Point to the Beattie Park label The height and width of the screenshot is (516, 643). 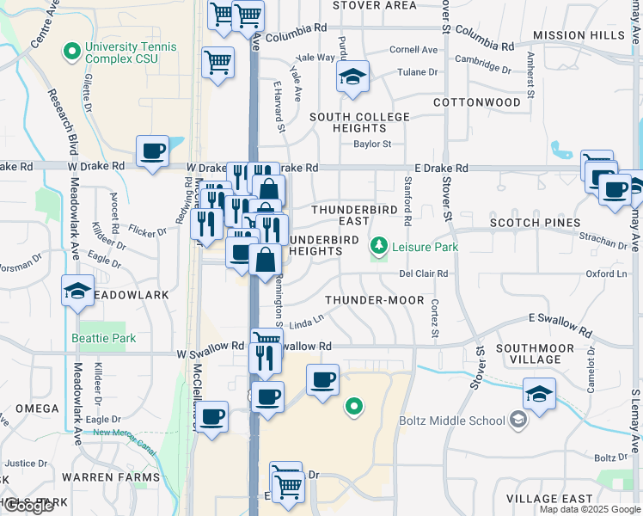[x=104, y=338]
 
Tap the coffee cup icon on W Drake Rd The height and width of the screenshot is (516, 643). [x=153, y=151]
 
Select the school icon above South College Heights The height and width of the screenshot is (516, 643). [x=352, y=77]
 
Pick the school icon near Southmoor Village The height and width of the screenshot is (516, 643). [x=539, y=394]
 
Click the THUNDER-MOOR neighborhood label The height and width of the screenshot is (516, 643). [x=375, y=300]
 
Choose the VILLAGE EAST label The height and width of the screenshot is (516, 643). [x=549, y=499]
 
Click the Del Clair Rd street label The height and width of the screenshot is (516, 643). [x=424, y=273]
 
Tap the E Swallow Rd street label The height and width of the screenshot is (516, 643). [x=560, y=325]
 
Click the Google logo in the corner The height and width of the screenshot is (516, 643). [x=28, y=506]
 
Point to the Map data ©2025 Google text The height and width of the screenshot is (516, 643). [x=591, y=510]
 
